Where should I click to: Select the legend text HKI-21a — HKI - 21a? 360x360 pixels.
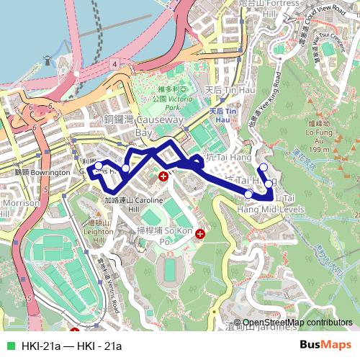(x=72, y=346)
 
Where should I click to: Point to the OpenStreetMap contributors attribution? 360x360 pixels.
(x=297, y=323)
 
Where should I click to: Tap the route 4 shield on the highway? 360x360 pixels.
(x=113, y=64)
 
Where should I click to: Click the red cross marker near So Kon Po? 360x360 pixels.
(x=200, y=233)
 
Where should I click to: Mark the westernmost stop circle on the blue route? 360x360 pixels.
(x=99, y=166)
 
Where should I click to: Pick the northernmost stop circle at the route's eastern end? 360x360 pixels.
(x=264, y=168)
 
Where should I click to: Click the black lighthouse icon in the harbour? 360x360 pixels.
(x=48, y=61)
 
